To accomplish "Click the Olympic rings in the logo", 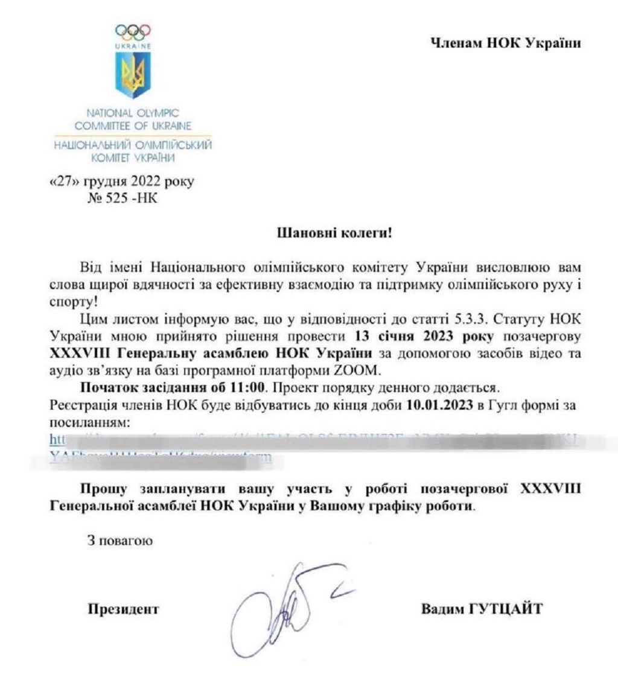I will (x=133, y=30).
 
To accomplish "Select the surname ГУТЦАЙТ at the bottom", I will (x=506, y=609).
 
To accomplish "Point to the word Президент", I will (x=124, y=609).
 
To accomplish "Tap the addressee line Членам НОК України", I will (x=505, y=43).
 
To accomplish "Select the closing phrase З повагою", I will (x=119, y=540).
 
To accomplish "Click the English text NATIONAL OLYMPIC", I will (x=133, y=113).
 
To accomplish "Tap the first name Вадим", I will (x=442, y=609).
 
